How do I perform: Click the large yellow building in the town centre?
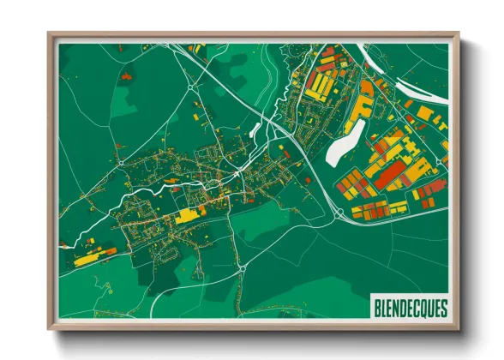(187, 216)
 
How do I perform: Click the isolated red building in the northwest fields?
(127, 76)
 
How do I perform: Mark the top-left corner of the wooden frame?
(50, 35)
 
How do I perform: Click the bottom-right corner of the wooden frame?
(458, 328)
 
